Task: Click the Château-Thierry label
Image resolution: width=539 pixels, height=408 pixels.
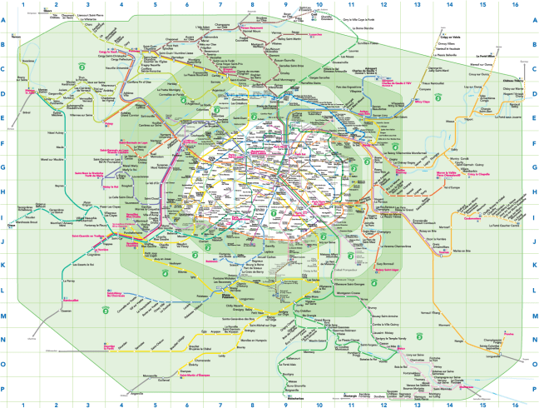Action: [x=512, y=81]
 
